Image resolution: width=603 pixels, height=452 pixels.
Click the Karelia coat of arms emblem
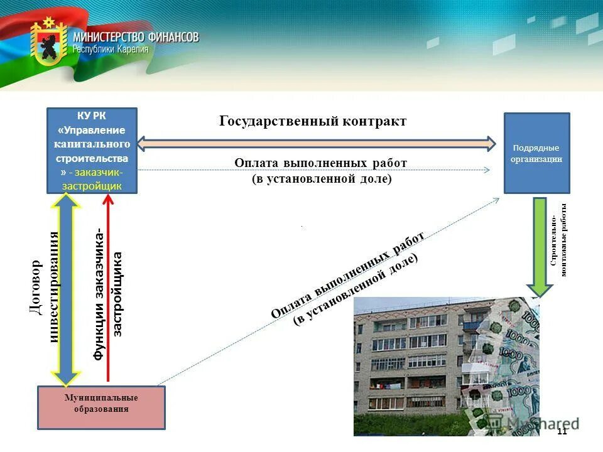[48, 42]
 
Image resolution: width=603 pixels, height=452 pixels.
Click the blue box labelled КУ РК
[92, 151]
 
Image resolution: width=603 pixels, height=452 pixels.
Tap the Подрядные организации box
[537, 153]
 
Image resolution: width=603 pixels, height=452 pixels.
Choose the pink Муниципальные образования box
[101, 407]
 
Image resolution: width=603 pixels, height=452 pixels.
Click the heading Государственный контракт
[313, 121]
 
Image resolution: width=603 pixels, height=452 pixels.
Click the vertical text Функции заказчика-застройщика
[108, 295]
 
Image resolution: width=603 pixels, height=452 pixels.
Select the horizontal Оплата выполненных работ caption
[321, 170]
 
